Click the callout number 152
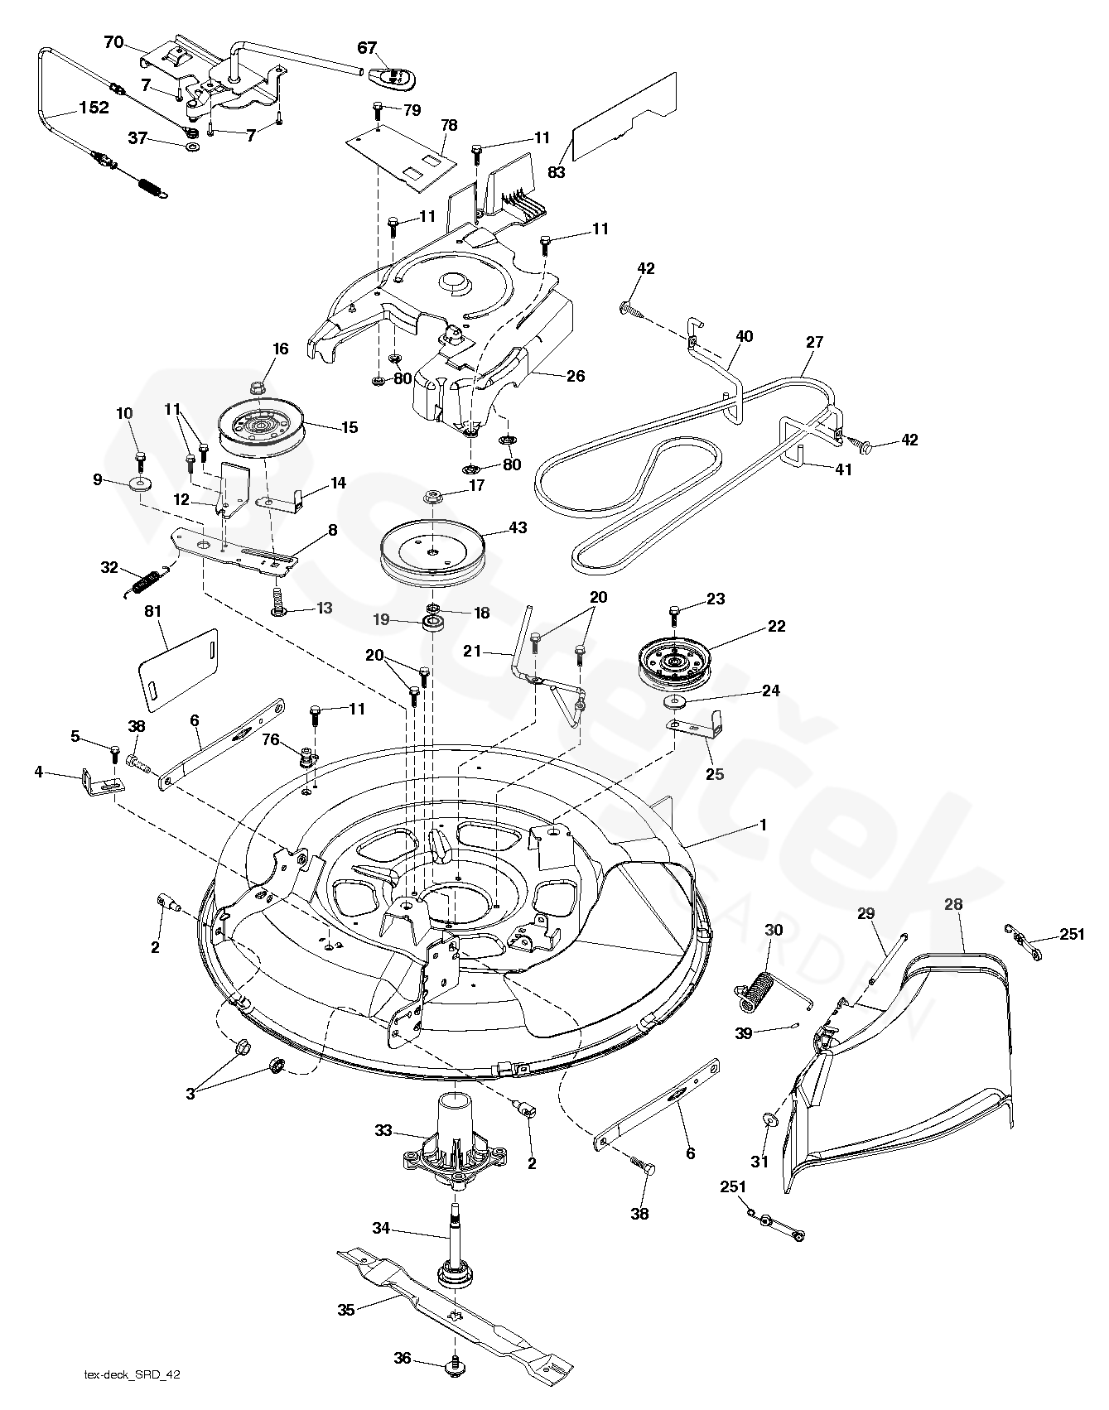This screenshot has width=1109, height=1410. click(94, 108)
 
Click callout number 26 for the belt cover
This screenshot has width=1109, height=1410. click(575, 376)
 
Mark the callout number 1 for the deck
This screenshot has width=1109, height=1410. click(763, 825)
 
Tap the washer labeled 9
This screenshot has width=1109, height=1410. click(139, 483)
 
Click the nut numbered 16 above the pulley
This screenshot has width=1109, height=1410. click(257, 387)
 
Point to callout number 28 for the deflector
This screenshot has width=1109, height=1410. click(953, 904)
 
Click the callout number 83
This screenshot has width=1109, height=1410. click(556, 171)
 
